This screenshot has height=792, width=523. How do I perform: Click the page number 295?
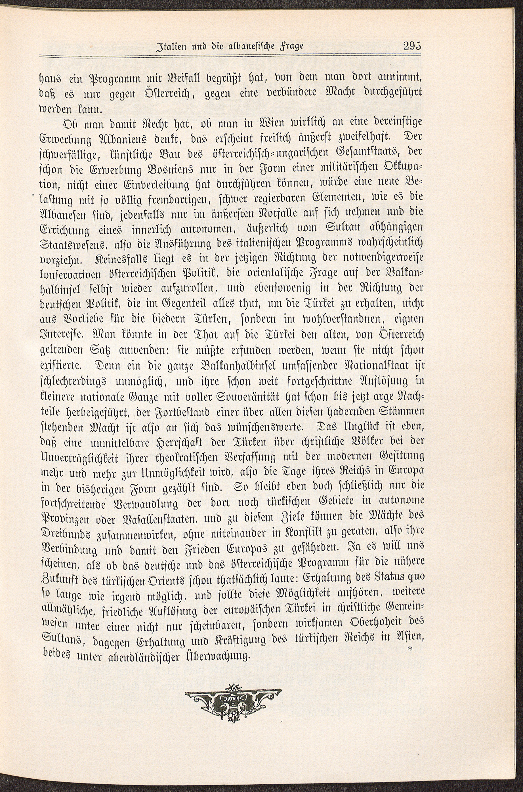412,45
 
